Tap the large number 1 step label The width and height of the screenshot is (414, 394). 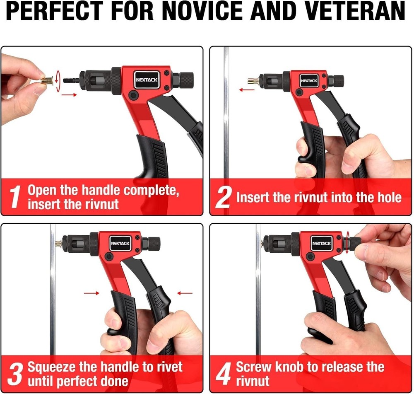point(15,198)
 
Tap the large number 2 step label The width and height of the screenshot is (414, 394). point(223,198)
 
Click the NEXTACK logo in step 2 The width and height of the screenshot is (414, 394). point(309,80)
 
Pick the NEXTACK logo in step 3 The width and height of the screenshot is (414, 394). point(120,243)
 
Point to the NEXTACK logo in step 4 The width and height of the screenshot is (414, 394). point(321,243)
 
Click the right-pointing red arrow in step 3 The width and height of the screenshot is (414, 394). point(91,293)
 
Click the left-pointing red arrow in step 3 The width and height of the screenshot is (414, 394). point(185,293)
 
